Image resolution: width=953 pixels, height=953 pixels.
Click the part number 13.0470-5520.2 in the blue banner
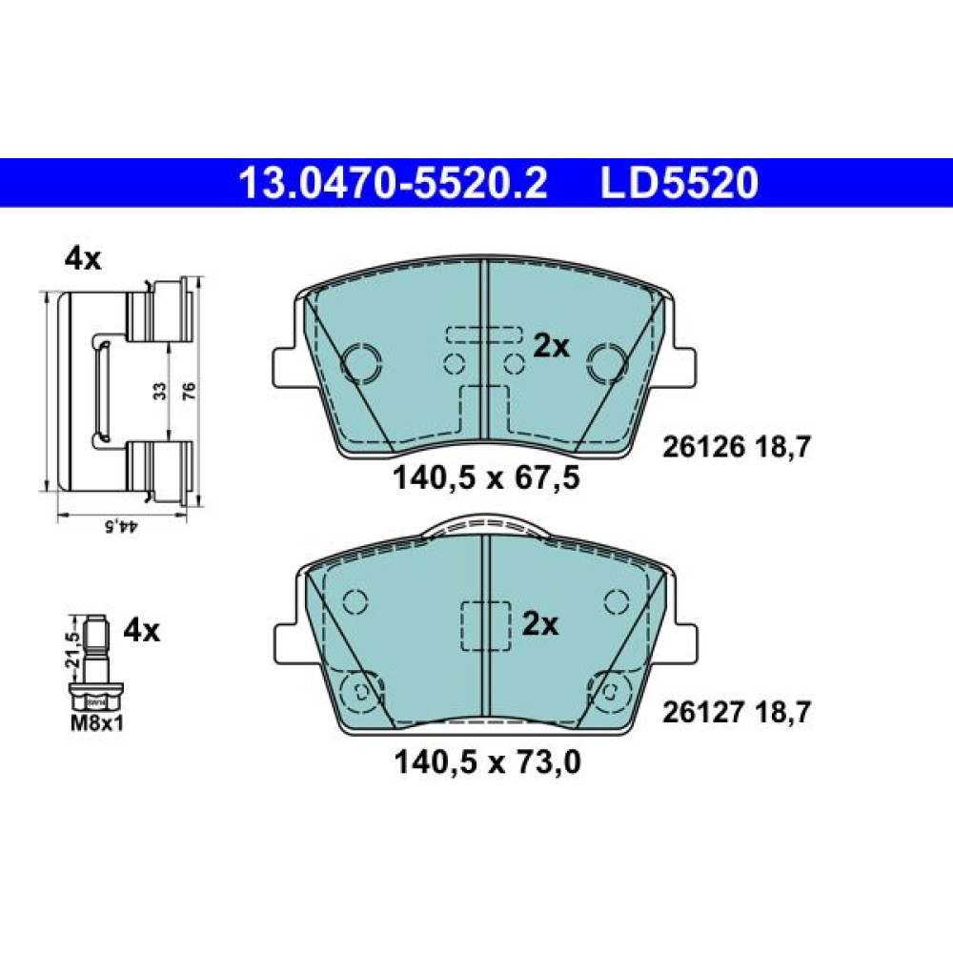point(394,183)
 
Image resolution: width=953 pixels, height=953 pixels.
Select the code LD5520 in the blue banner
point(679,183)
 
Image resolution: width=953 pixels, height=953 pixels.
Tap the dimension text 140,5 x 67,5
point(487,477)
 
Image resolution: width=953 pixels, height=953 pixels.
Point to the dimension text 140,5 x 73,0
point(487,761)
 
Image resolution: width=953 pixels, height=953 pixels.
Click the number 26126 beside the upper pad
point(703,447)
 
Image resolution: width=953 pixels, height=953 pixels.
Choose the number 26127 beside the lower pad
point(703,712)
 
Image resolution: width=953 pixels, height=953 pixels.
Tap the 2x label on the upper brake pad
point(551,347)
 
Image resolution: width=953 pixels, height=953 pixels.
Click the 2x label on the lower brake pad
point(539,624)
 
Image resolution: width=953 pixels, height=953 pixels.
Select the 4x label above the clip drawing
point(83,259)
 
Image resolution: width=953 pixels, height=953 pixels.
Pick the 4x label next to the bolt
point(142,631)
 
